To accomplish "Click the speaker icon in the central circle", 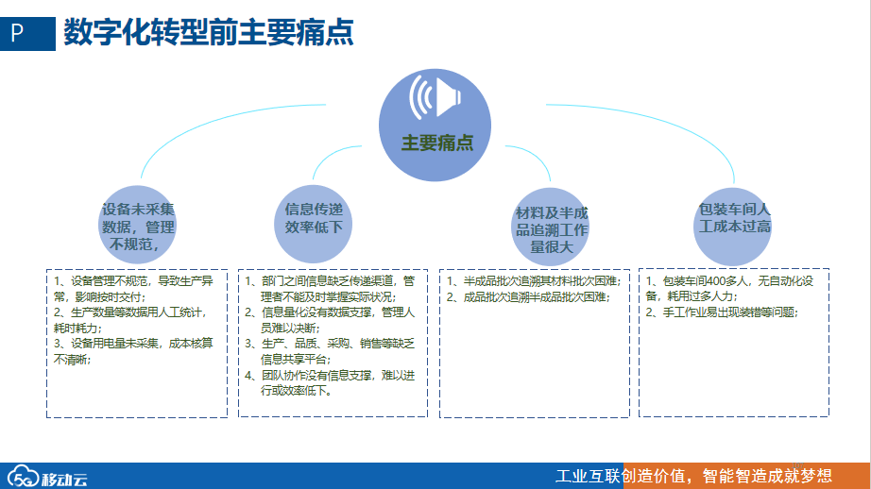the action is point(436,98).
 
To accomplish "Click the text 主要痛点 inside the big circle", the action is point(437,143).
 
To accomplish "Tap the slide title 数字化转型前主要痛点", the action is point(209,33).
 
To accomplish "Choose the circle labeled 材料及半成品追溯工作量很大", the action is point(552,229).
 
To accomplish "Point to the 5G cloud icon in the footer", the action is point(23,477).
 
